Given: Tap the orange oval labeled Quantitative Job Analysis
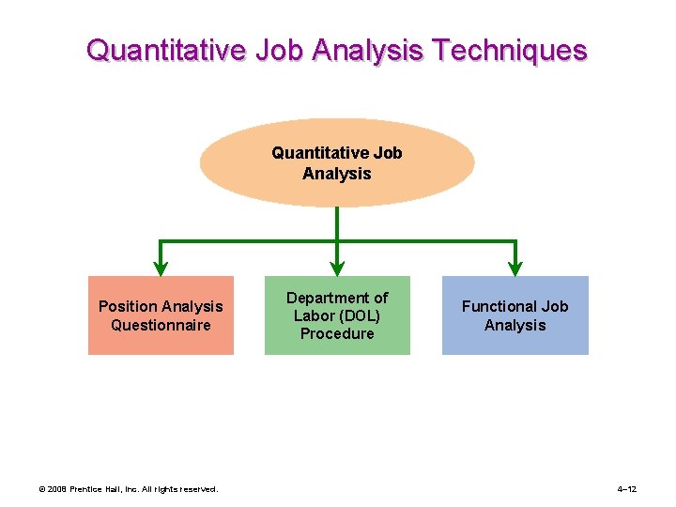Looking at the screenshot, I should coord(337,162).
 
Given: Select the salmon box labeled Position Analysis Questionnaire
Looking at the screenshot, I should coord(161,315).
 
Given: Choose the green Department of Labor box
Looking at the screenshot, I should coord(337,315).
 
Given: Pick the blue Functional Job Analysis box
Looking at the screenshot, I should coord(515,315).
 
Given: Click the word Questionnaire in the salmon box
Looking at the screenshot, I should coord(161,326).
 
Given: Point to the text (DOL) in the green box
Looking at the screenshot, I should coord(361,315).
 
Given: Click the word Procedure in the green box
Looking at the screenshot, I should coord(337,333).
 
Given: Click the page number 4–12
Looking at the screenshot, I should coord(627,489).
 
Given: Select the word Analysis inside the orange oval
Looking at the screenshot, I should coord(337,174).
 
